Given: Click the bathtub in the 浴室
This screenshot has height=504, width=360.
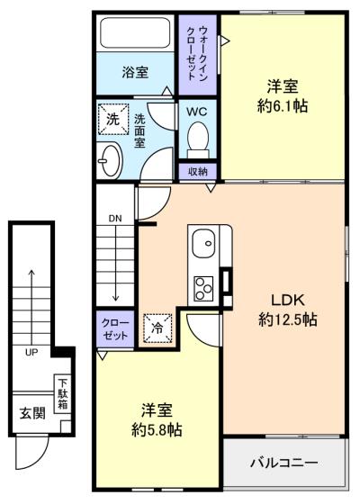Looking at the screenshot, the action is pyautogui.click(x=135, y=32).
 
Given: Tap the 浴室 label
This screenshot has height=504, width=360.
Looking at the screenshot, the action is pyautogui.click(x=135, y=72).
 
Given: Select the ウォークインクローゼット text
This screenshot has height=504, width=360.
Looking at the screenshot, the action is pyautogui.click(x=198, y=53).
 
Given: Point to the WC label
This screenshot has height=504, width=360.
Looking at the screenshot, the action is pyautogui.click(x=197, y=112).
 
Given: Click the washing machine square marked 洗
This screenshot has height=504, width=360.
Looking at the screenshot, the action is pyautogui.click(x=113, y=119).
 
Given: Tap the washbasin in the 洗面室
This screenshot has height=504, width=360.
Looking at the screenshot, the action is pyautogui.click(x=110, y=160).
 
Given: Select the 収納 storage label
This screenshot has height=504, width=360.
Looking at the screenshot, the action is pyautogui.click(x=198, y=172).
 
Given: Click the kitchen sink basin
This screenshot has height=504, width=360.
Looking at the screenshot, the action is pyautogui.click(x=203, y=243).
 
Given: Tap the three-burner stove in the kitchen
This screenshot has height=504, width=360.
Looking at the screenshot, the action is pyautogui.click(x=203, y=288).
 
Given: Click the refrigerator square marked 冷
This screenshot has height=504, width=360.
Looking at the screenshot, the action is pyautogui.click(x=157, y=328).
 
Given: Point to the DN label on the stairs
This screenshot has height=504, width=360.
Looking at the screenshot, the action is pyautogui.click(x=115, y=219).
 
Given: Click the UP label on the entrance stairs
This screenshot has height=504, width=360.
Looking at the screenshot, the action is pyautogui.click(x=31, y=352).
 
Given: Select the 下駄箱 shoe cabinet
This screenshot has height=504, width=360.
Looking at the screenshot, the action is pyautogui.click(x=63, y=394).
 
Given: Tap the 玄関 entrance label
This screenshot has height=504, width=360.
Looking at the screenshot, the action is pyautogui.click(x=32, y=413).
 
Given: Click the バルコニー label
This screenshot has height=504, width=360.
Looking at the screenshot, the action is pyautogui.click(x=284, y=463).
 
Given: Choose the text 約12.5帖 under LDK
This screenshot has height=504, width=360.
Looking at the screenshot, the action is pyautogui.click(x=288, y=319).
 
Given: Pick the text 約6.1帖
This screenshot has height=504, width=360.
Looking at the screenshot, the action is pyautogui.click(x=283, y=106).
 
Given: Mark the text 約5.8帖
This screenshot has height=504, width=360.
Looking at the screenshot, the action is pyautogui.click(x=157, y=429).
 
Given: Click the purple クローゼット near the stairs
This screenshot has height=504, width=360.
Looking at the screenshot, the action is pyautogui.click(x=115, y=328).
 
